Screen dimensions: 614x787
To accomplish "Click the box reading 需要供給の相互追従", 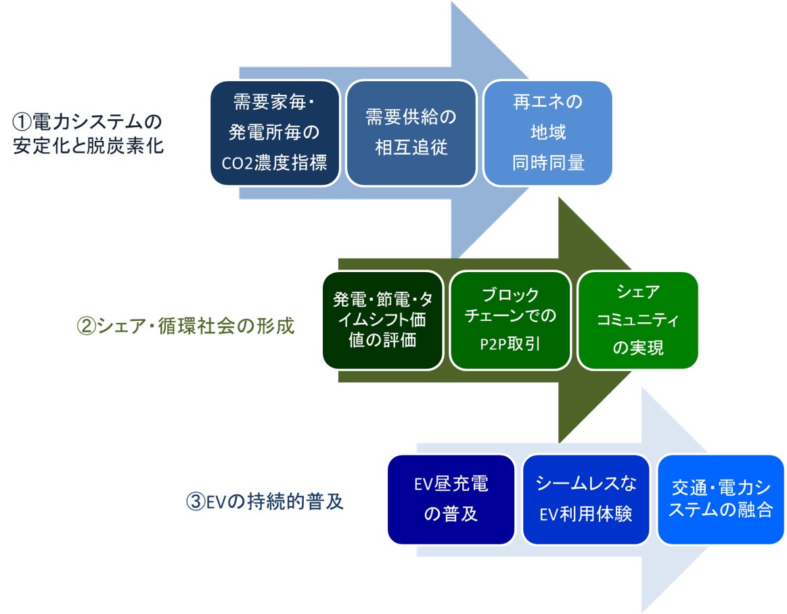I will pyautogui.click(x=411, y=133).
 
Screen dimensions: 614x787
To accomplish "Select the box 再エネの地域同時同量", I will pyautogui.click(x=547, y=133).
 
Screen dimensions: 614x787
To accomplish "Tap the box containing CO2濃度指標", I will pyautogui.click(x=275, y=133).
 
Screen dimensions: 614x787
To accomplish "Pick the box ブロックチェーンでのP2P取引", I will pyautogui.click(x=511, y=320).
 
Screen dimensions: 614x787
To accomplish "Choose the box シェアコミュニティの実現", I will pyautogui.click(x=637, y=320).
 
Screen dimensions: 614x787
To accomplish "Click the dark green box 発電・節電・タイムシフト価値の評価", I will pyautogui.click(x=383, y=320).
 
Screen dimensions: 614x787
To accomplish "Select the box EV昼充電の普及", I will pyautogui.click(x=451, y=499).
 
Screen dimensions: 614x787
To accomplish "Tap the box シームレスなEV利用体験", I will pyautogui.click(x=586, y=499).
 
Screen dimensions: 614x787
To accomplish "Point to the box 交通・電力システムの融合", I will pyautogui.click(x=721, y=499).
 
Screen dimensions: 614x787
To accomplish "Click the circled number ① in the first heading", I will pyautogui.click(x=22, y=123).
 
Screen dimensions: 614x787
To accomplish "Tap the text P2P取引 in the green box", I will pyautogui.click(x=511, y=344).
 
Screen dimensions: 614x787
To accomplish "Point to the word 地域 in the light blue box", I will pyautogui.click(x=547, y=133).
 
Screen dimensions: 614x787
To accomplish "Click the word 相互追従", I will pyautogui.click(x=411, y=148).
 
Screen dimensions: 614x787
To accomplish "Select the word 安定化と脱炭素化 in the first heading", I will pyautogui.click(x=89, y=146).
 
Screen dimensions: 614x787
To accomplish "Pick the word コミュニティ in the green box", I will pyautogui.click(x=637, y=320).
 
